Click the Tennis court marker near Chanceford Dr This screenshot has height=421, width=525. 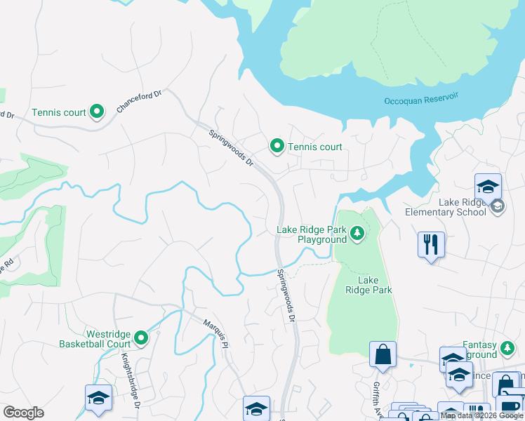click(x=98, y=112)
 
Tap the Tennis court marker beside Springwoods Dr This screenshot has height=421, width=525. click(x=277, y=146)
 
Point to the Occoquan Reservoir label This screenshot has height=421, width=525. click(x=420, y=100)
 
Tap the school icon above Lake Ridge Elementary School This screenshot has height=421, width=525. click(x=488, y=187)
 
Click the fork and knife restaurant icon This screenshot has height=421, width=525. click(x=431, y=245)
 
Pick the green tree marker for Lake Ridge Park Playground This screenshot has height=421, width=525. click(x=357, y=232)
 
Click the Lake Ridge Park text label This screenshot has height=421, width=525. click(x=368, y=284)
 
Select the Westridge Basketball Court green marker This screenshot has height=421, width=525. click(x=141, y=339)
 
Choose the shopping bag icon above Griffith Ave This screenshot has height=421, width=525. click(x=383, y=355)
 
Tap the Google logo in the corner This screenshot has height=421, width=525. click(x=23, y=413)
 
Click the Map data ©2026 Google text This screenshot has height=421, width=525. click(x=481, y=415)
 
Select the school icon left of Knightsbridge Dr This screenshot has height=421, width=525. click(x=98, y=398)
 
